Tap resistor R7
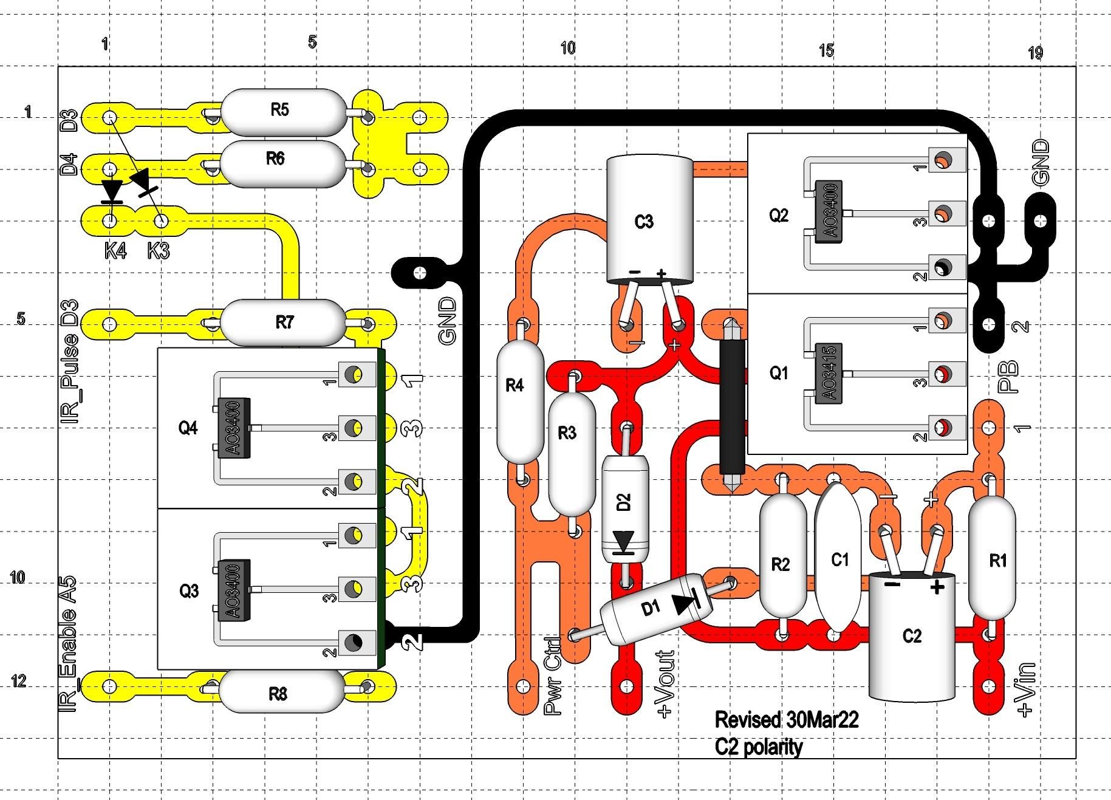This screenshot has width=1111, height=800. (283, 323)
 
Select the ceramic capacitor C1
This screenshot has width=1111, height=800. (839, 559)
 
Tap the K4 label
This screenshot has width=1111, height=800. (116, 250)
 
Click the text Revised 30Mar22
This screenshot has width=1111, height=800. (786, 720)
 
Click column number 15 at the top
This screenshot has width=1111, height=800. (826, 50)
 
